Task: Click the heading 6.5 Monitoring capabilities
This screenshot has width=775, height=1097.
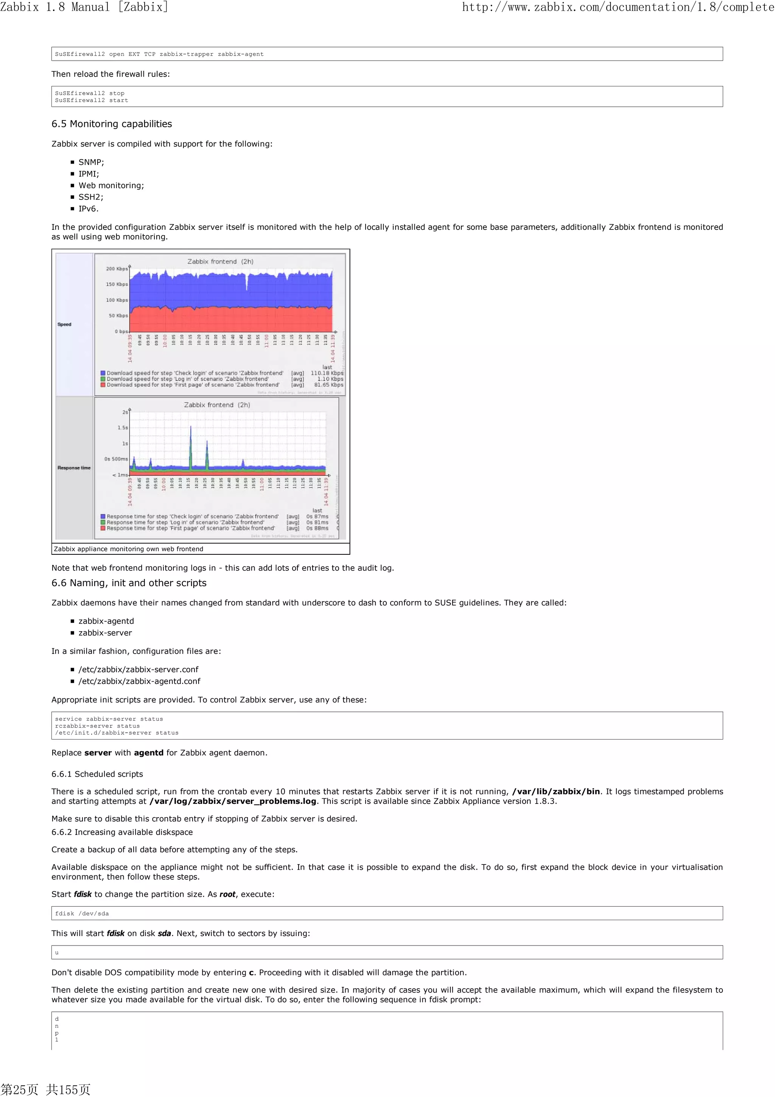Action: click(111, 124)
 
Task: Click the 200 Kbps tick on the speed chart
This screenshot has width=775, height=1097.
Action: click(117, 268)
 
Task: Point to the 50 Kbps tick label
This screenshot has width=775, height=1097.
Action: click(118, 315)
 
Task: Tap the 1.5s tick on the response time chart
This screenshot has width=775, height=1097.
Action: click(123, 428)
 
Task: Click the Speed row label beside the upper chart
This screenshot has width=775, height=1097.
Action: click(64, 325)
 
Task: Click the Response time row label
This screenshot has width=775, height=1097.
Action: click(74, 468)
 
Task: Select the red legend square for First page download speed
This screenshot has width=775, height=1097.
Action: click(103, 385)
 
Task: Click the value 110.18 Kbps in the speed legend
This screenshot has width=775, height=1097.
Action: click(327, 373)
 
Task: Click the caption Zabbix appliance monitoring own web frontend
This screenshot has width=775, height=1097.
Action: click(128, 549)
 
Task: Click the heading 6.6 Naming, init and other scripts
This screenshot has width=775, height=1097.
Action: click(129, 583)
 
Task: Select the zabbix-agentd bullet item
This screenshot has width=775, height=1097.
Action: click(106, 621)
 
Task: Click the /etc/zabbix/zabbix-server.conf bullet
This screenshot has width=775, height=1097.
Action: click(139, 669)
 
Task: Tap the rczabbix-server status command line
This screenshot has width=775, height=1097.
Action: click(97, 726)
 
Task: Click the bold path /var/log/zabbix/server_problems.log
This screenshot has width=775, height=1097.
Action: click(233, 801)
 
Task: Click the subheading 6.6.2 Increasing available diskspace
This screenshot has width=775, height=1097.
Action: click(122, 832)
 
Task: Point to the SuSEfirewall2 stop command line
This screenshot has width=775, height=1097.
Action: click(89, 93)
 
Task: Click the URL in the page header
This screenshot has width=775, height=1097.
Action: click(618, 7)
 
